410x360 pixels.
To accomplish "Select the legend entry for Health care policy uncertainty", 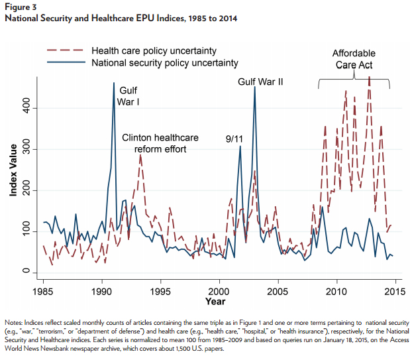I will tap(153, 51).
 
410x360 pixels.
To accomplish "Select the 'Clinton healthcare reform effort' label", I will tap(160, 144).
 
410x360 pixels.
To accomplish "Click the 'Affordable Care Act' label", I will tap(354, 59).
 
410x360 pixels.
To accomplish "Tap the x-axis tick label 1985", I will tap(43, 291).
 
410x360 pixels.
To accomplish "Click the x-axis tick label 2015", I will tap(395, 291).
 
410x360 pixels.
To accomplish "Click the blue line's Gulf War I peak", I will tap(114, 84).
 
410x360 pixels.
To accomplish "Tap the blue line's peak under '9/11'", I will tap(240, 147).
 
